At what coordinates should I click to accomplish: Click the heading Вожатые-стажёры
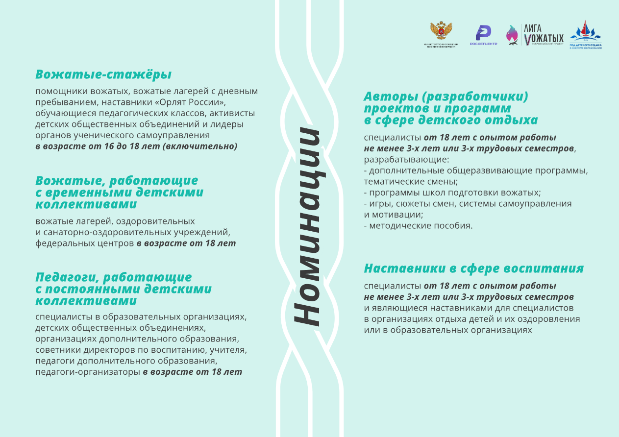(103, 75)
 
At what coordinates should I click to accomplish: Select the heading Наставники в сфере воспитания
(473, 268)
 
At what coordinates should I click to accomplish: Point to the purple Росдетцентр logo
(483, 34)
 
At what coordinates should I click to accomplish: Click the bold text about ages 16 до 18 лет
(136, 146)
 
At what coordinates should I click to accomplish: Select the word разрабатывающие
(406, 160)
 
